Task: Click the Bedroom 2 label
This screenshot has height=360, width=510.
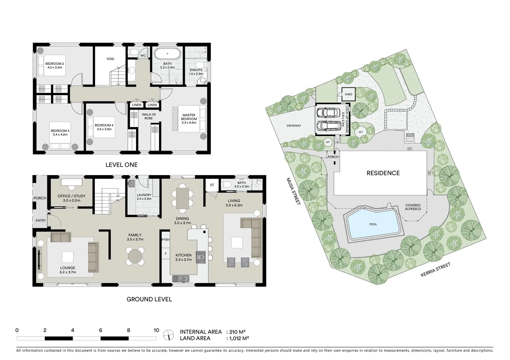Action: point(55,64)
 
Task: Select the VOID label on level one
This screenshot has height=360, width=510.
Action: point(110,59)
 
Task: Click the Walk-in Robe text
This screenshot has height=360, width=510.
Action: point(148,116)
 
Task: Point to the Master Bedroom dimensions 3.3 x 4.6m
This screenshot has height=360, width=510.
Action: point(189,123)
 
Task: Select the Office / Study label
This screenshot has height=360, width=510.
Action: point(71,196)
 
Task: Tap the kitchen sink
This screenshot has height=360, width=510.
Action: point(180,278)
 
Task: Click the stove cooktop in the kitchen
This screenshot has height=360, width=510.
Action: point(201,257)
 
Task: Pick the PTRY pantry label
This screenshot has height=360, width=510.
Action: point(165,240)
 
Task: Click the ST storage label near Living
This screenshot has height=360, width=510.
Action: point(212,185)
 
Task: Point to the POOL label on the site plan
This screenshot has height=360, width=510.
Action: point(373,224)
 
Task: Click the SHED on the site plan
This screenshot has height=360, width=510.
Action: point(348,94)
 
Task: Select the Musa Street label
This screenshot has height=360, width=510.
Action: point(294,191)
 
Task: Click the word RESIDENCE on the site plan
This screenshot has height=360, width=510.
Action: point(383,173)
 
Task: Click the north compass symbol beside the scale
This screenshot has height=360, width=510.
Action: point(169,335)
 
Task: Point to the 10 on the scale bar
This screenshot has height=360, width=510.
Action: point(156,331)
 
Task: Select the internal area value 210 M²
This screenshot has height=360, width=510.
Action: point(237,332)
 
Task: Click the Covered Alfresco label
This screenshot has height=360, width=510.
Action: point(413,207)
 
